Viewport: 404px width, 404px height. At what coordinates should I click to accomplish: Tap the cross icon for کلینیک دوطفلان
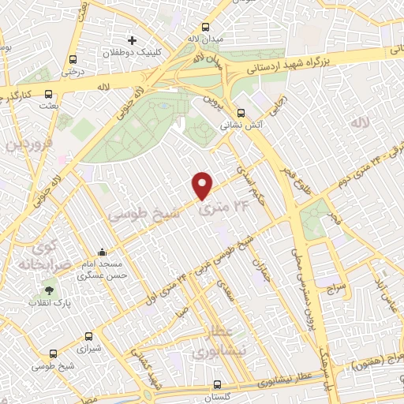tap(133, 40)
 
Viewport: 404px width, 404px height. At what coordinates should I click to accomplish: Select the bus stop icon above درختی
tap(73, 59)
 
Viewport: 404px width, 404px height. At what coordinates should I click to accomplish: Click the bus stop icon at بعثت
tap(50, 92)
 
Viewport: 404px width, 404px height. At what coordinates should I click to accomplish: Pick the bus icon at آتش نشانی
tap(241, 112)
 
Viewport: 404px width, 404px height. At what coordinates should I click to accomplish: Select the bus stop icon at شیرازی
tap(88, 336)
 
